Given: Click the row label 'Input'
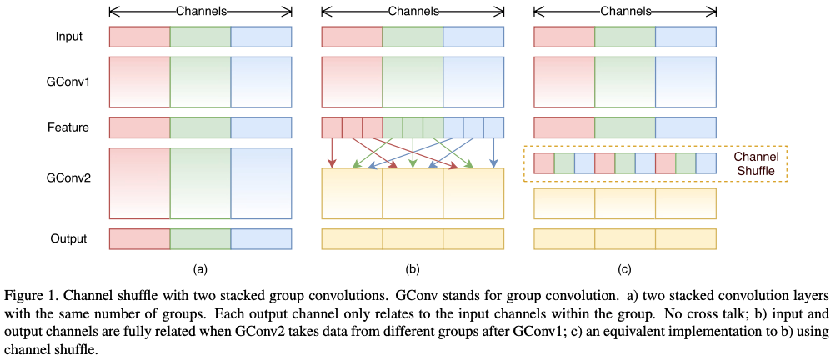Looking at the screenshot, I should coord(68,37).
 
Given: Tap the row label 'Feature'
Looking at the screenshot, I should coord(68,127).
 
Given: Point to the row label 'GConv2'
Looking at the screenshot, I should coord(68,178).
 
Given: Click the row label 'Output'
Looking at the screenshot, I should coord(68,239).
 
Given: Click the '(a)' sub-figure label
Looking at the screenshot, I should coord(200,269).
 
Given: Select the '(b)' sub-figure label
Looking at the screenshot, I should coord(413,269).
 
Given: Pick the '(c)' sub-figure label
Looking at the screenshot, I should coord(624,269).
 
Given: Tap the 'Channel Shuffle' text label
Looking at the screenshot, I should coord(754,163).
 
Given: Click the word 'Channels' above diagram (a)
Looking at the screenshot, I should coord(200,11).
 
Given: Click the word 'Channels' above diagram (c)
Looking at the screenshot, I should coord(624,11).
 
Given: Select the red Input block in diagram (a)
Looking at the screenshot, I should coord(139,37).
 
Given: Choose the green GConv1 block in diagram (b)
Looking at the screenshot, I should coord(413,82).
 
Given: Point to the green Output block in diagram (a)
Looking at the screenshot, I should coord(200,239).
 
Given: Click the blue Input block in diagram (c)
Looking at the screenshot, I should coord(685,37).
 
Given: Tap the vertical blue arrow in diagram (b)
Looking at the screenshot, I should coord(495,152).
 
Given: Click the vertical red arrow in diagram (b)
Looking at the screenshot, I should coord(333,152).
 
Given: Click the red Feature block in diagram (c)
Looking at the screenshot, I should coord(563,127).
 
